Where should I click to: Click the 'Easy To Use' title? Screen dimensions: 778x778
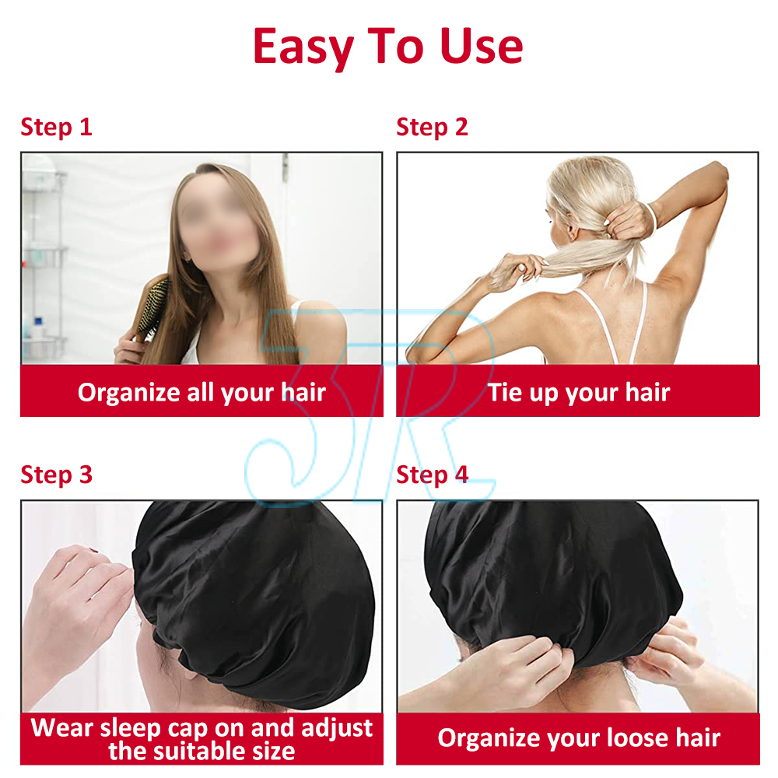tap(388, 47)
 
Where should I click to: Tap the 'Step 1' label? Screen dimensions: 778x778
tap(56, 127)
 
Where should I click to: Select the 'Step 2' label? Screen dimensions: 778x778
tap(432, 127)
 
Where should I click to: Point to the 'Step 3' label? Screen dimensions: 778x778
tap(57, 475)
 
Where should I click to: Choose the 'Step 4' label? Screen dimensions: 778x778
tap(433, 475)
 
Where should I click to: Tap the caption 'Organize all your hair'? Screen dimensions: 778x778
tap(202, 392)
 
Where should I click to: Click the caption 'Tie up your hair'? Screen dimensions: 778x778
tap(579, 392)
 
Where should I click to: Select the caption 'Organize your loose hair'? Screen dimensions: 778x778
tap(579, 738)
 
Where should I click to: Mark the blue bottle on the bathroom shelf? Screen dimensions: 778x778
tap(38, 328)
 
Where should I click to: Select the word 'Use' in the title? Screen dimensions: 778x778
tap(482, 47)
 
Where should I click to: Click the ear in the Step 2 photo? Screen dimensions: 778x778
tap(573, 232)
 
